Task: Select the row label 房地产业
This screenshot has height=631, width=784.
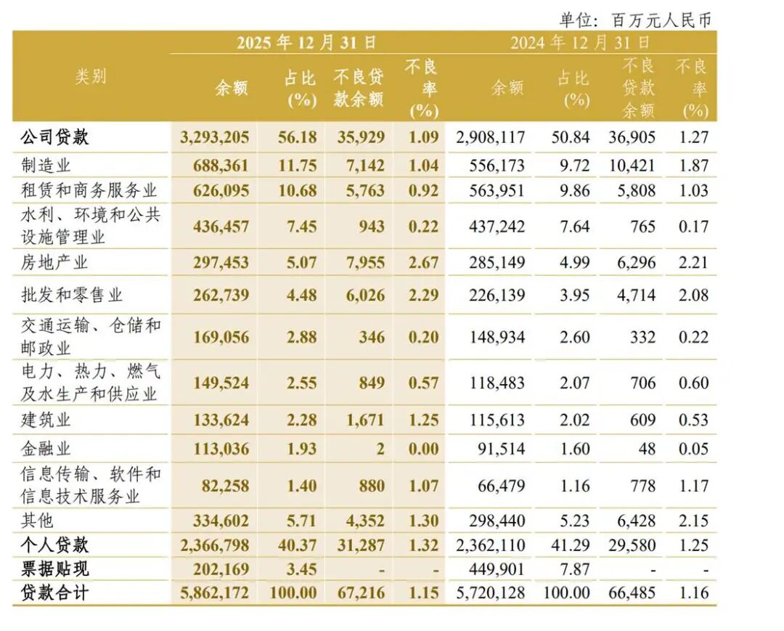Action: pyautogui.click(x=55, y=261)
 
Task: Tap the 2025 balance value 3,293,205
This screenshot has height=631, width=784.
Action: pyautogui.click(x=214, y=137)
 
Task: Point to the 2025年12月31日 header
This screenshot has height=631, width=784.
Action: pyautogui.click(x=306, y=42)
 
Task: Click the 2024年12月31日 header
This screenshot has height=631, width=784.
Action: pyautogui.click(x=580, y=42)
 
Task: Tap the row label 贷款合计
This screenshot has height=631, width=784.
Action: pyautogui.click(x=54, y=593)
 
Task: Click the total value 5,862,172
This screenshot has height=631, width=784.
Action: pyautogui.click(x=214, y=593)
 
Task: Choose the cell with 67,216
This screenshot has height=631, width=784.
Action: pyautogui.click(x=360, y=593)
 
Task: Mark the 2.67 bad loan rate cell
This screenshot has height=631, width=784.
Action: pyautogui.click(x=425, y=262)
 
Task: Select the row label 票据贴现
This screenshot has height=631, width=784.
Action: pyautogui.click(x=54, y=569)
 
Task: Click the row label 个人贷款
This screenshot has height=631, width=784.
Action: pyautogui.click(x=54, y=545)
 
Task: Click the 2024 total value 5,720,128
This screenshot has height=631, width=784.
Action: pyautogui.click(x=491, y=593)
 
